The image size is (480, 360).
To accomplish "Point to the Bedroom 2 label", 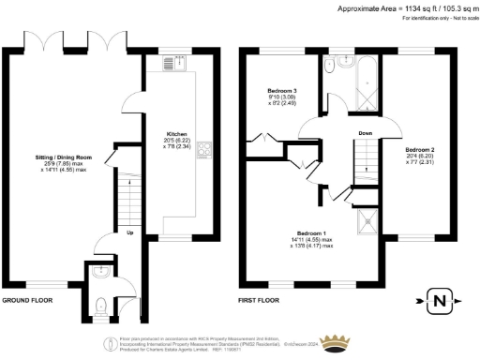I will (417, 149).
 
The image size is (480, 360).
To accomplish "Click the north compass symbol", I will (438, 302).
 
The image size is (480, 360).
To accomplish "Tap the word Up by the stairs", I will (129, 233).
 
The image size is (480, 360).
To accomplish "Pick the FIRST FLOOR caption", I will (261, 301).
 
